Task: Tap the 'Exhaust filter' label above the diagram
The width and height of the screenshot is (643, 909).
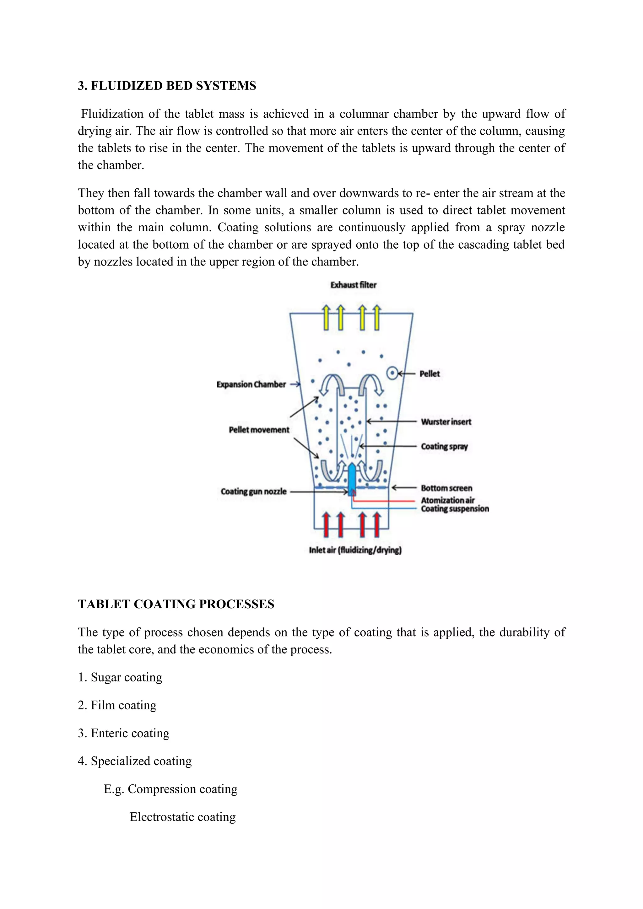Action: tap(353, 285)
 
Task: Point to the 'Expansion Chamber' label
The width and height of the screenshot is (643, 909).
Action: tap(251, 385)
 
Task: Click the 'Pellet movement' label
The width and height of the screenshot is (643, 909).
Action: tap(259, 430)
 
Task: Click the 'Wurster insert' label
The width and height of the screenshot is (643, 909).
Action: tap(446, 422)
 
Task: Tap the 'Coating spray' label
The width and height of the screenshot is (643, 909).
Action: tap(444, 447)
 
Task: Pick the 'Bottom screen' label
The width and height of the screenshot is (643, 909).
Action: tap(446, 488)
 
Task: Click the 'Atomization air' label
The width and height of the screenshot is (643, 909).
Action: tap(447, 500)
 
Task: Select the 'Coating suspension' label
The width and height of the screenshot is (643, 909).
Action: tap(455, 509)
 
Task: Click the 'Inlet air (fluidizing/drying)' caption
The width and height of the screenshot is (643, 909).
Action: tap(355, 550)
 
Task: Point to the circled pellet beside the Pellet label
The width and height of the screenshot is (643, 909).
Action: tap(392, 373)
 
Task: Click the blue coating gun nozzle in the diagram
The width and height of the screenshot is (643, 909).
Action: tap(352, 477)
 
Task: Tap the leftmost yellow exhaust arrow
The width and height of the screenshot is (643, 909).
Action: tap(326, 318)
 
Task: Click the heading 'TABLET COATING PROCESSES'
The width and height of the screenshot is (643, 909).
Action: tap(176, 604)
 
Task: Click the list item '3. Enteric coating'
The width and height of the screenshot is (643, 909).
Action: tap(123, 733)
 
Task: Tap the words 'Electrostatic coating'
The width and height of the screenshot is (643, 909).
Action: tap(182, 817)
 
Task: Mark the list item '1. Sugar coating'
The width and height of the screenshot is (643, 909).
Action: tap(120, 677)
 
